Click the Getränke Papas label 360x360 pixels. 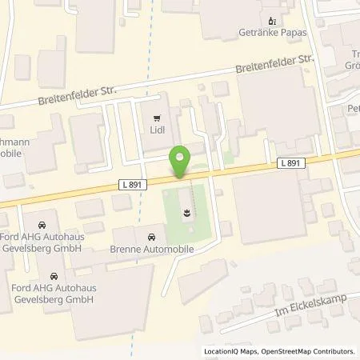click(x=274, y=34)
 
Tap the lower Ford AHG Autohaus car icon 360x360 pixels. click(x=54, y=277)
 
